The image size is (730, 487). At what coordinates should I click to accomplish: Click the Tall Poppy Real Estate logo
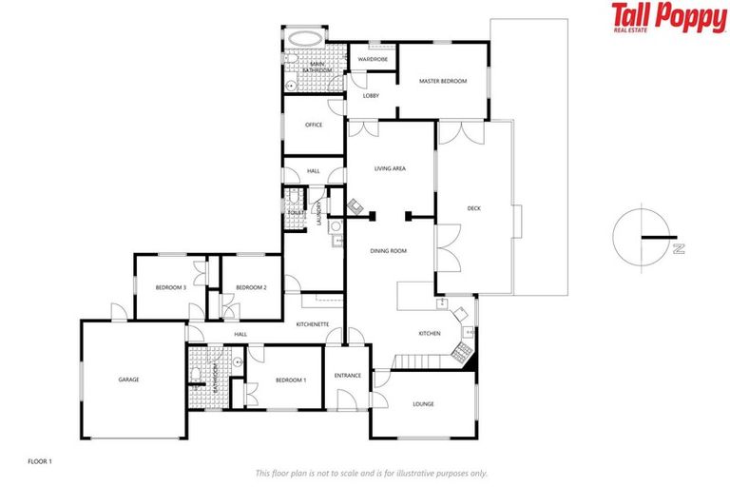coord(668,18)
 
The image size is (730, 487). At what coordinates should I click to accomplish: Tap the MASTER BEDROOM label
coord(444,82)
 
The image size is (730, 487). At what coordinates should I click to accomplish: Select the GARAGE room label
coord(128,380)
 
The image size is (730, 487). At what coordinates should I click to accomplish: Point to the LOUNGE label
coord(424,404)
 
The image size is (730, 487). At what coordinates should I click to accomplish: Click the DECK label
coord(474,208)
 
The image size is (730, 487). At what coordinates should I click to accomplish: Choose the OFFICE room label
coord(314,125)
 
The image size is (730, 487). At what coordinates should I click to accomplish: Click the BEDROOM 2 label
coord(251,287)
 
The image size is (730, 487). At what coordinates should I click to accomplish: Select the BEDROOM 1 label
coord(291,380)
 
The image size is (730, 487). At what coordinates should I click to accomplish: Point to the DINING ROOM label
coord(388,250)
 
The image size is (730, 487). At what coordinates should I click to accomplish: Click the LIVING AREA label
coord(390,168)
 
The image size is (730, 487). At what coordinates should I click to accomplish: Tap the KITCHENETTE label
coord(313,324)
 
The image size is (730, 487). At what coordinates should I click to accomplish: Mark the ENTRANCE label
coord(348,375)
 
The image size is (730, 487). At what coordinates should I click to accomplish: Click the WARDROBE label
coord(372,59)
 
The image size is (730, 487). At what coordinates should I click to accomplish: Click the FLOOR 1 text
coord(40,461)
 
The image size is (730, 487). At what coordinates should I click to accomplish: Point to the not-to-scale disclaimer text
coord(372,473)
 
